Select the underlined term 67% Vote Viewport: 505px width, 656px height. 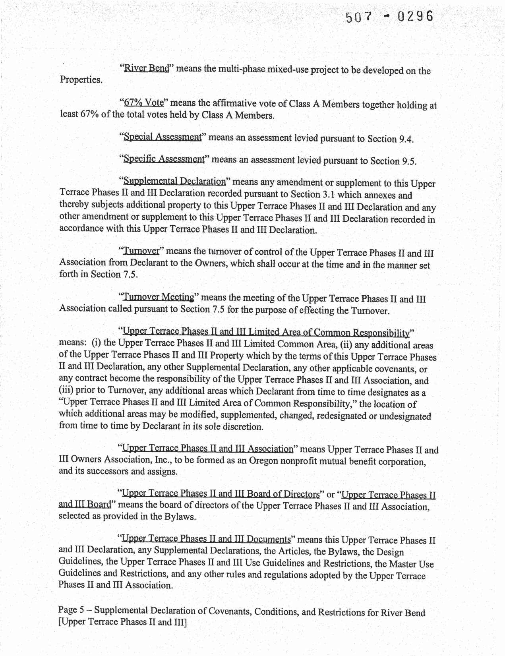click(x=144, y=103)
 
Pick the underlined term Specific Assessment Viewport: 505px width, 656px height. click(x=164, y=159)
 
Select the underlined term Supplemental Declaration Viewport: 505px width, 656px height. click(x=174, y=182)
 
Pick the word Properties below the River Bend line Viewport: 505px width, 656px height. click(x=81, y=79)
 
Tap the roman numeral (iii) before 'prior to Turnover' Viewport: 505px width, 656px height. click(x=66, y=391)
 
